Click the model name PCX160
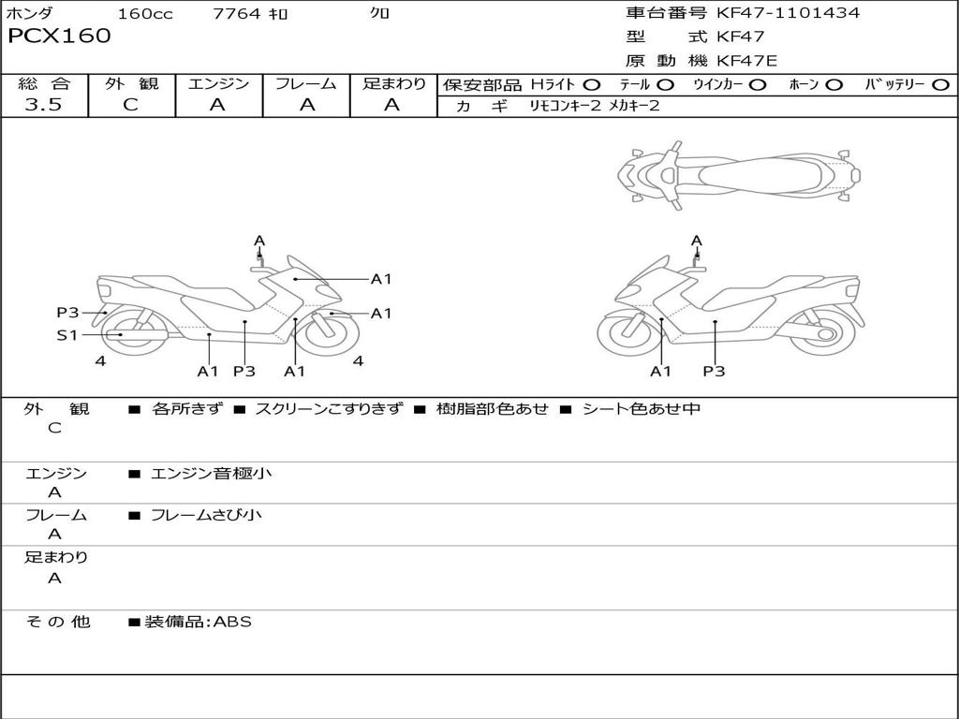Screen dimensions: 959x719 coord(59,37)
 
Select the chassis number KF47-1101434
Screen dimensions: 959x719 coord(788,13)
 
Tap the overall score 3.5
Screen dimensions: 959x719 coord(43,105)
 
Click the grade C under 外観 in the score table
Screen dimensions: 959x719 coord(130,105)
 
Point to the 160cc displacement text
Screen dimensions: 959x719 coord(144,14)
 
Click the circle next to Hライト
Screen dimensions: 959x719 coord(592,85)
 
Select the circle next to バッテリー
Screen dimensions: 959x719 coord(940,85)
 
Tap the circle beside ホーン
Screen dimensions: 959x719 coord(834,85)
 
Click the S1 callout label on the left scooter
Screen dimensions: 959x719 coord(67,334)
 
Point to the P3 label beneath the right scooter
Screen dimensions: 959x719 coord(715,372)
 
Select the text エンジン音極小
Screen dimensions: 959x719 coord(212,474)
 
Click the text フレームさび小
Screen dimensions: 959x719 coord(206,515)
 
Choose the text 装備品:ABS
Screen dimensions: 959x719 coord(198,622)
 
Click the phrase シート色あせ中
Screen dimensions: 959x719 coord(642,409)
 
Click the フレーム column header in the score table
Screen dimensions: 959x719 coord(306,84)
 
